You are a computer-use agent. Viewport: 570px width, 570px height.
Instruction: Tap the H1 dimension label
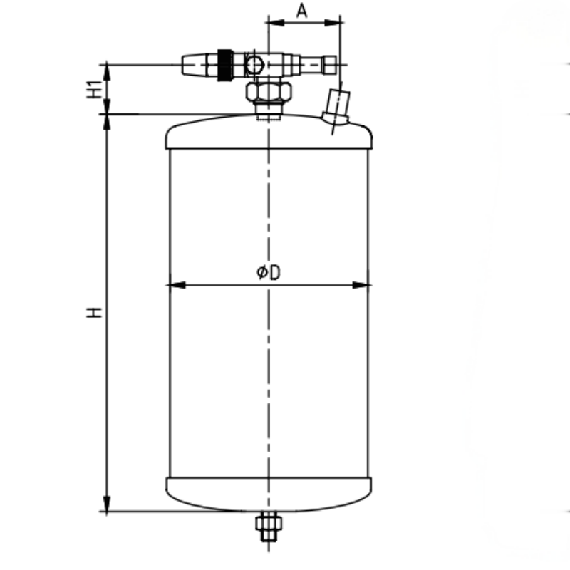92,89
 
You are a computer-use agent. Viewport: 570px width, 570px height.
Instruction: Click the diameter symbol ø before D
262,272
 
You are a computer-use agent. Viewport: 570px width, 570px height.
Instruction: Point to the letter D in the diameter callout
274,272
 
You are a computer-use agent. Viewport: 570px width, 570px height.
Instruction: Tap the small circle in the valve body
253,66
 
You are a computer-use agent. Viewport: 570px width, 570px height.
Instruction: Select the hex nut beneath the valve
268,91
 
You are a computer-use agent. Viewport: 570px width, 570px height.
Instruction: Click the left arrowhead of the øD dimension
173,285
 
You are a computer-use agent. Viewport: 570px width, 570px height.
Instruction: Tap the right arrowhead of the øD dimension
364,285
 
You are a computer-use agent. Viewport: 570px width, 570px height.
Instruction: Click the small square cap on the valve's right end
329,66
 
